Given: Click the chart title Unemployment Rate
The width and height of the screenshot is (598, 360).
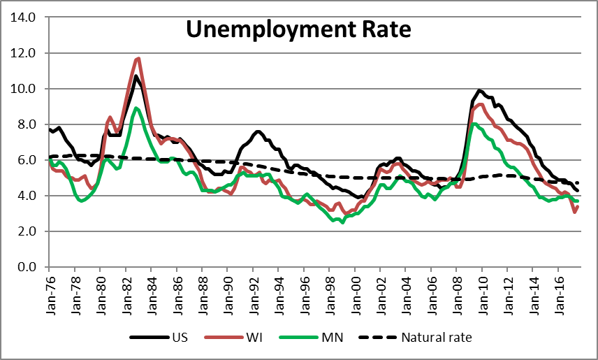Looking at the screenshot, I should point(298,29).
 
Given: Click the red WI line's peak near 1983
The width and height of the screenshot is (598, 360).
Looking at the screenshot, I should point(139,59).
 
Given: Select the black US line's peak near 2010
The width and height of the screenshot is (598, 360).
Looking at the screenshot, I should point(479,90).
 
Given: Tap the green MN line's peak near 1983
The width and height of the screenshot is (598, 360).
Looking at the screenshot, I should point(137,108).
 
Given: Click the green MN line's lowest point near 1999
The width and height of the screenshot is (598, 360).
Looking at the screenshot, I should point(342,222).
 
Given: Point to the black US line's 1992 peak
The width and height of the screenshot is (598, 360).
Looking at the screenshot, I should point(258,131).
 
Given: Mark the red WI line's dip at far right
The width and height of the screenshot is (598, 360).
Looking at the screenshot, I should point(574,212).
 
